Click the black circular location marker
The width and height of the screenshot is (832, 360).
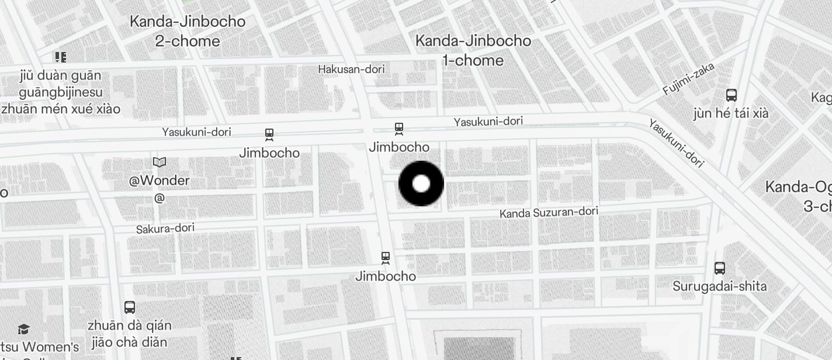pyautogui.click(x=421, y=184)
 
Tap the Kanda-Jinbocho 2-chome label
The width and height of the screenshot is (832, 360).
pyautogui.click(x=188, y=31)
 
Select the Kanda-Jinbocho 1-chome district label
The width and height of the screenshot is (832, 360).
pyautogui.click(x=473, y=50)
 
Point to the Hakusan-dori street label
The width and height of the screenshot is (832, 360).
pyautogui.click(x=351, y=70)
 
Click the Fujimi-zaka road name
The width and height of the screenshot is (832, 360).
pyautogui.click(x=689, y=79)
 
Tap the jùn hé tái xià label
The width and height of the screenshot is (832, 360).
pyautogui.click(x=730, y=113)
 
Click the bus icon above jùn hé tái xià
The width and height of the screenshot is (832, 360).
pyautogui.click(x=731, y=95)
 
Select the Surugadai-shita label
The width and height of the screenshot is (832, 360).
pyautogui.click(x=719, y=286)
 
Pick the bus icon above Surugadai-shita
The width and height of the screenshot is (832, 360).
pyautogui.click(x=720, y=268)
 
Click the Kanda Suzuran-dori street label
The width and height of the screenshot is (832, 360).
pyautogui.click(x=549, y=213)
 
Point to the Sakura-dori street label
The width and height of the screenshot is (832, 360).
pyautogui.click(x=165, y=229)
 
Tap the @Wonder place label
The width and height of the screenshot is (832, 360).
pyautogui.click(x=160, y=181)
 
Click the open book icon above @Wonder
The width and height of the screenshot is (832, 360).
pyautogui.click(x=160, y=162)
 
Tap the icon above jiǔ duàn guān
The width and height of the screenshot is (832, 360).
pyautogui.click(x=61, y=57)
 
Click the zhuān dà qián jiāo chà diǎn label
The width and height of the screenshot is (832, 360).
pyautogui.click(x=129, y=333)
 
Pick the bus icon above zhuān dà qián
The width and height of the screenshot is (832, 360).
pyautogui.click(x=130, y=307)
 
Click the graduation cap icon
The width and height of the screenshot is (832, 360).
pyautogui.click(x=23, y=330)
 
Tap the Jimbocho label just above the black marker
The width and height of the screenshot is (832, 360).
pyautogui.click(x=399, y=147)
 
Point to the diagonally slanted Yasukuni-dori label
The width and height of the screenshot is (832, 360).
pyautogui.click(x=676, y=143)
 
